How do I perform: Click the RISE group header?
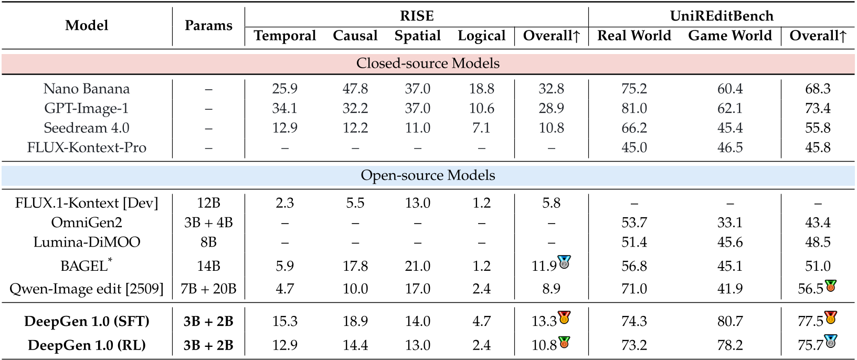pos(417,16)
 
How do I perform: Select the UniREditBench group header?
pos(722,16)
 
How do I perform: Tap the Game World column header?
pos(730,36)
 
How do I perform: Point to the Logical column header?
pos(481,36)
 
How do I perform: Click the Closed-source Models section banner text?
pos(428,63)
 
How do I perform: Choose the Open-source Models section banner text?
pos(428,175)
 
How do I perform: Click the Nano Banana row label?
pos(87,89)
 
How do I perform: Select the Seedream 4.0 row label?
pos(87,128)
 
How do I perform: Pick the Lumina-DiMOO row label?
pos(87,242)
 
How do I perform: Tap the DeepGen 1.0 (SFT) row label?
pos(87,321)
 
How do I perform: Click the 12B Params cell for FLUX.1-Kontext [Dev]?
pos(208,203)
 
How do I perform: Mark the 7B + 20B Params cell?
pos(208,289)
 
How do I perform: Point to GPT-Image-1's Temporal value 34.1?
pos(284,109)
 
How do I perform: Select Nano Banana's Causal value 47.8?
pos(355,89)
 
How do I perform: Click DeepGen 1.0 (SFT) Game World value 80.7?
pos(730,321)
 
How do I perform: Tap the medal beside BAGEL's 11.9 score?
pos(564,262)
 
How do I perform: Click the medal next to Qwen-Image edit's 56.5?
pos(830,285)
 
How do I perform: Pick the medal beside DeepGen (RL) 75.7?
pos(830,341)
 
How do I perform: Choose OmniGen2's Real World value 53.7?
pos(634,223)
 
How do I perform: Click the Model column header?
pos(87,25)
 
